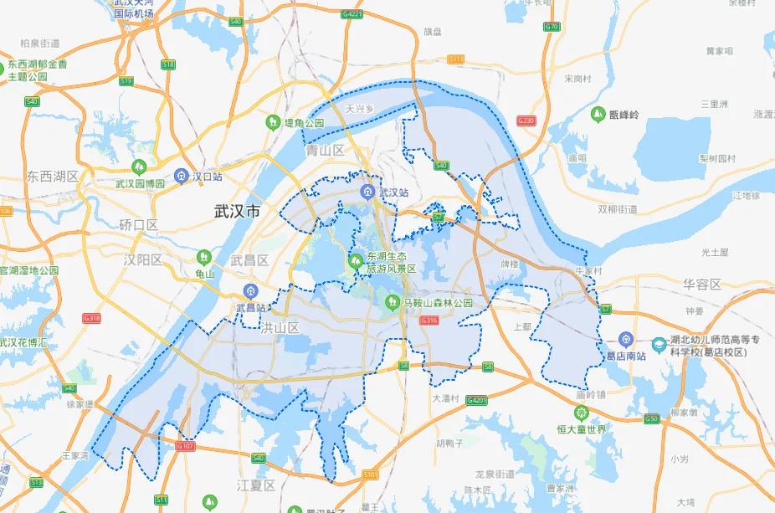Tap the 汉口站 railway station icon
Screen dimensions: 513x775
click(181, 177)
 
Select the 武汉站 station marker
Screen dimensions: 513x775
click(367, 192)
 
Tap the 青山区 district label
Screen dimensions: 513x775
click(326, 151)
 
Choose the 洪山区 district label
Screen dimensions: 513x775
click(280, 327)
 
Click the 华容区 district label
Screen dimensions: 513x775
click(701, 284)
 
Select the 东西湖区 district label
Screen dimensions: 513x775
click(52, 177)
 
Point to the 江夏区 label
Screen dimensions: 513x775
click(257, 485)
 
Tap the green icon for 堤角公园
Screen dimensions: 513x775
click(273, 123)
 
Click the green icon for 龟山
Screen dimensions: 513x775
click(204, 256)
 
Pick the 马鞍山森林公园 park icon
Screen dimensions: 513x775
click(391, 302)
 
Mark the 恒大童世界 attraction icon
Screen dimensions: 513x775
click(581, 412)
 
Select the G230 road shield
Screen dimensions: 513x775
click(526, 121)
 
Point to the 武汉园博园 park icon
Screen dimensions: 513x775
click(139, 167)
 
